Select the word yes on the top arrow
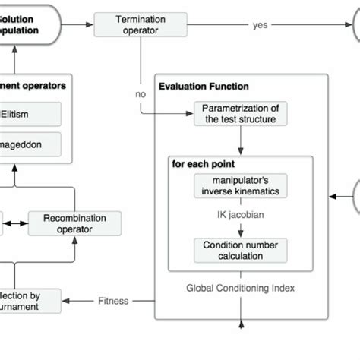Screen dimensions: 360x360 point(260,24)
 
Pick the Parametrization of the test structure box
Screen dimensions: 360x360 point(241,113)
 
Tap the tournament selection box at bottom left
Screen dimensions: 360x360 point(30,300)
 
